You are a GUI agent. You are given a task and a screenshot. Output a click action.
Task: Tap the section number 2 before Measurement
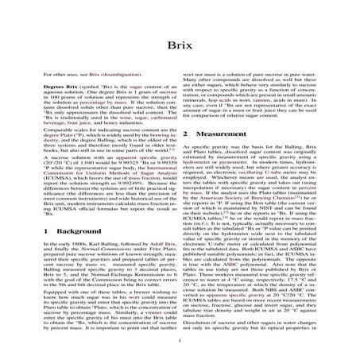pos(187,136)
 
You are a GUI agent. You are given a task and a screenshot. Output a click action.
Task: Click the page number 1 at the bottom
pos(180,343)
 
